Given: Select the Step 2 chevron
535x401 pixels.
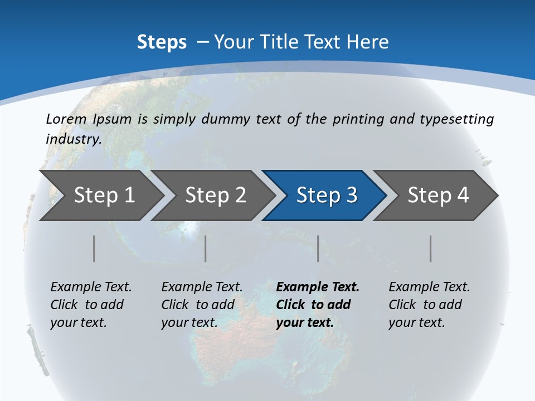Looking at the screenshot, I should click(x=215, y=195).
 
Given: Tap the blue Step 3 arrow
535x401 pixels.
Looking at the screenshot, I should click(x=327, y=195).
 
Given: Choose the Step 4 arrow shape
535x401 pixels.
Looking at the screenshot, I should click(x=438, y=195).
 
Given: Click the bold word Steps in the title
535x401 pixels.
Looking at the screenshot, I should click(x=162, y=42).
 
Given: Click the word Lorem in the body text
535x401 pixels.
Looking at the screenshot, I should click(x=66, y=119).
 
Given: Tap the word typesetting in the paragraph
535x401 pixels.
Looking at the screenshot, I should click(x=461, y=119).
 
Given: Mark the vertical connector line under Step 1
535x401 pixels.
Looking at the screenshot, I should click(x=94, y=248).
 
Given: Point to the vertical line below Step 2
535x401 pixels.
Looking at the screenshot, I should click(x=206, y=248).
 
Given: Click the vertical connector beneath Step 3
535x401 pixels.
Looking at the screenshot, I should click(x=318, y=248).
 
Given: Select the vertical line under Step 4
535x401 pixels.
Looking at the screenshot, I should click(x=431, y=248).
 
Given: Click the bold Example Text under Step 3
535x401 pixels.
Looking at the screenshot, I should click(x=318, y=287).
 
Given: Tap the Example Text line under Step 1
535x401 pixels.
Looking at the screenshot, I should click(x=91, y=287).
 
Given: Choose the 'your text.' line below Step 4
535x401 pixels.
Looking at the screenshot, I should click(x=416, y=322).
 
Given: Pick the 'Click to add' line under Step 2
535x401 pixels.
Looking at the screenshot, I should click(x=198, y=305).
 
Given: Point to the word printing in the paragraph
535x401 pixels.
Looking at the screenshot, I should click(x=356, y=119).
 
